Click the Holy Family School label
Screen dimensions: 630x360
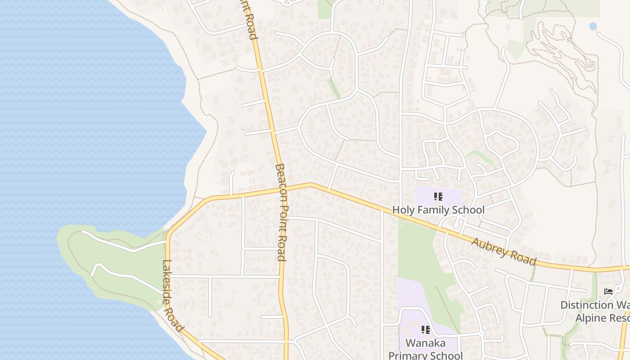coord(438,210)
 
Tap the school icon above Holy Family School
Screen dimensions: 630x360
coord(438,197)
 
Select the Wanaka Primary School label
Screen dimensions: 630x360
coord(425,349)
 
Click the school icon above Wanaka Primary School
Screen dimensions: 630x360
coord(426,330)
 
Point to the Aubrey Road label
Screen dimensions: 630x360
coord(504,251)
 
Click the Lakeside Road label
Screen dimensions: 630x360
coord(172,296)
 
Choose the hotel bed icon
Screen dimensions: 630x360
coord(608,292)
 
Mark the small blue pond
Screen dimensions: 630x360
coord(593,27)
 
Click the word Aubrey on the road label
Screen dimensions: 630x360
coord(488,246)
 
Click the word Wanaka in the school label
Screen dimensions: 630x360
coord(425,343)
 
